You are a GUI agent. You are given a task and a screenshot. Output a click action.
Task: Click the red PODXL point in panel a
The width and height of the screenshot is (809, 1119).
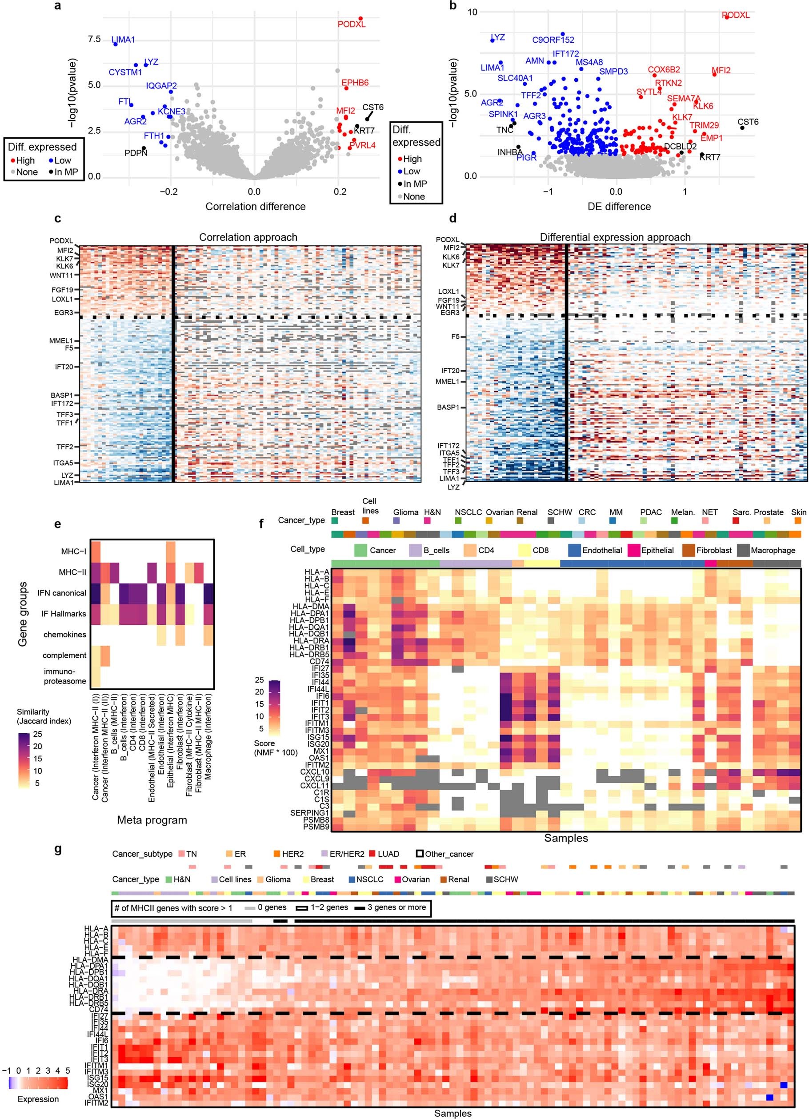click(x=360, y=19)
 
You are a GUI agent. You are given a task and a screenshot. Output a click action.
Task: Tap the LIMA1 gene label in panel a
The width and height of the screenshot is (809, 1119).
click(x=123, y=40)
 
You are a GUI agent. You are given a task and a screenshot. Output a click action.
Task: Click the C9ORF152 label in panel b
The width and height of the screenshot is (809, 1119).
click(x=553, y=40)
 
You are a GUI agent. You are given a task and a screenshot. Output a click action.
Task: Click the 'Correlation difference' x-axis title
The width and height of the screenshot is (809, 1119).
click(x=255, y=206)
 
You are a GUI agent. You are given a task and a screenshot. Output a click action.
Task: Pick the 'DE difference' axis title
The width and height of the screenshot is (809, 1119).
click(x=618, y=206)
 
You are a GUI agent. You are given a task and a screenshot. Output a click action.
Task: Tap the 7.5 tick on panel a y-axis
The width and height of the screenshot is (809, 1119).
click(x=94, y=39)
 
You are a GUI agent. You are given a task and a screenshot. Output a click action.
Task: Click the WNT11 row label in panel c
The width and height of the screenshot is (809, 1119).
click(x=61, y=276)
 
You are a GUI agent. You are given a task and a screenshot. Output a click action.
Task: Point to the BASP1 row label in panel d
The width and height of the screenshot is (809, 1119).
click(x=448, y=408)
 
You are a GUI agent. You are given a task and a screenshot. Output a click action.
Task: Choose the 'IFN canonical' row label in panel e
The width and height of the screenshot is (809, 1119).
click(x=61, y=593)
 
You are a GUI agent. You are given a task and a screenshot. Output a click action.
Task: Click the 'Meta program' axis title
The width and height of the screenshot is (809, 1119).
click(x=152, y=820)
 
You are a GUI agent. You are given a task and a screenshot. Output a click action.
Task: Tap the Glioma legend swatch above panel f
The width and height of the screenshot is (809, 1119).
click(x=396, y=520)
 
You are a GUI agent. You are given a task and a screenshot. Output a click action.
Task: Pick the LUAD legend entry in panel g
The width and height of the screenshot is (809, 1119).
click(x=388, y=854)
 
